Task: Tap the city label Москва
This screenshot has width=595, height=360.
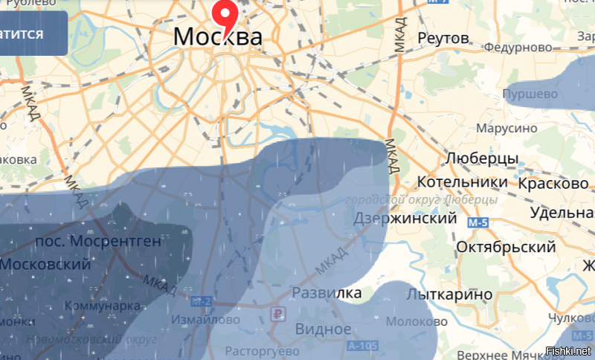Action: (217, 36)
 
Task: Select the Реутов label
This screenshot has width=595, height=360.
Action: (443, 38)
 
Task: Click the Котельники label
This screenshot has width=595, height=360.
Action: (463, 182)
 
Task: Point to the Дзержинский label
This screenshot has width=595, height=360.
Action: (405, 219)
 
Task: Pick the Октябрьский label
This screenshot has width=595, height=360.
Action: (506, 247)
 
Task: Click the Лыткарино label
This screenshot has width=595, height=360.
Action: (449, 295)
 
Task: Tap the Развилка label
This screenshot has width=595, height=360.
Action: (327, 292)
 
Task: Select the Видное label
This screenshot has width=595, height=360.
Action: (323, 329)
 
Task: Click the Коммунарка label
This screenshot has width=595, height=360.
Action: (102, 306)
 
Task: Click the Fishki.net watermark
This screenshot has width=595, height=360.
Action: (568, 350)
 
